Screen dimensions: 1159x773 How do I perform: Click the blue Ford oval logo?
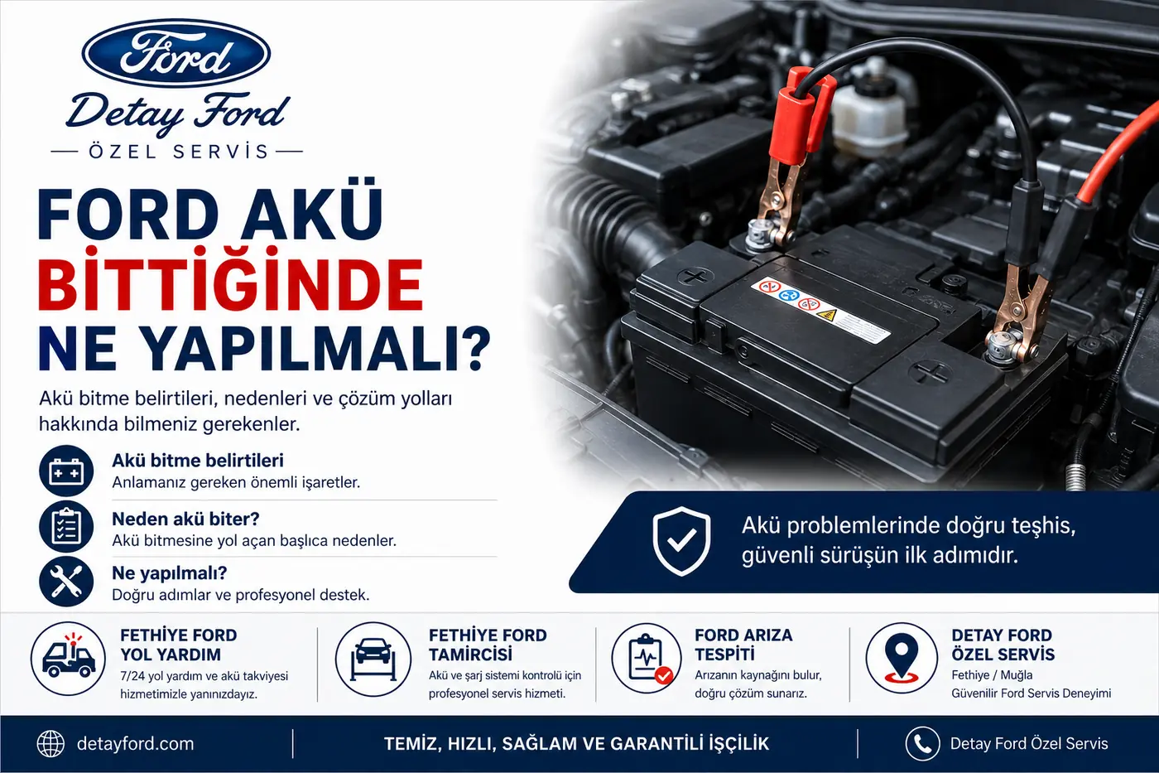(176, 53)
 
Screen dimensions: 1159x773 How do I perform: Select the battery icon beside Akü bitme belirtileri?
(66, 471)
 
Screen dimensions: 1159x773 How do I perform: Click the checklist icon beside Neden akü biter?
(66, 527)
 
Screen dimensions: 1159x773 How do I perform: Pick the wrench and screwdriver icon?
(66, 582)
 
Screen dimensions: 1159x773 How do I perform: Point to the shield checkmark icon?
(681, 541)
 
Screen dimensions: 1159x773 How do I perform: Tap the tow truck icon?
(68, 659)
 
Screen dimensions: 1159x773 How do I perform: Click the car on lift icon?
(373, 659)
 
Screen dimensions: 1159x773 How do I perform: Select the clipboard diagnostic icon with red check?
(647, 659)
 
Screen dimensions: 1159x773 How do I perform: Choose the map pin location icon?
(902, 658)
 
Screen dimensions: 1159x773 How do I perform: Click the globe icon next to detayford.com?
(50, 744)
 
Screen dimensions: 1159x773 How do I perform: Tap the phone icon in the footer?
(922, 743)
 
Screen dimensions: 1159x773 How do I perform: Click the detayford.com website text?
(136, 744)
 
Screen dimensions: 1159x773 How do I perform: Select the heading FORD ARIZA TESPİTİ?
(743, 645)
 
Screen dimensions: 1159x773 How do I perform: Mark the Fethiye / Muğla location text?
(992, 675)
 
